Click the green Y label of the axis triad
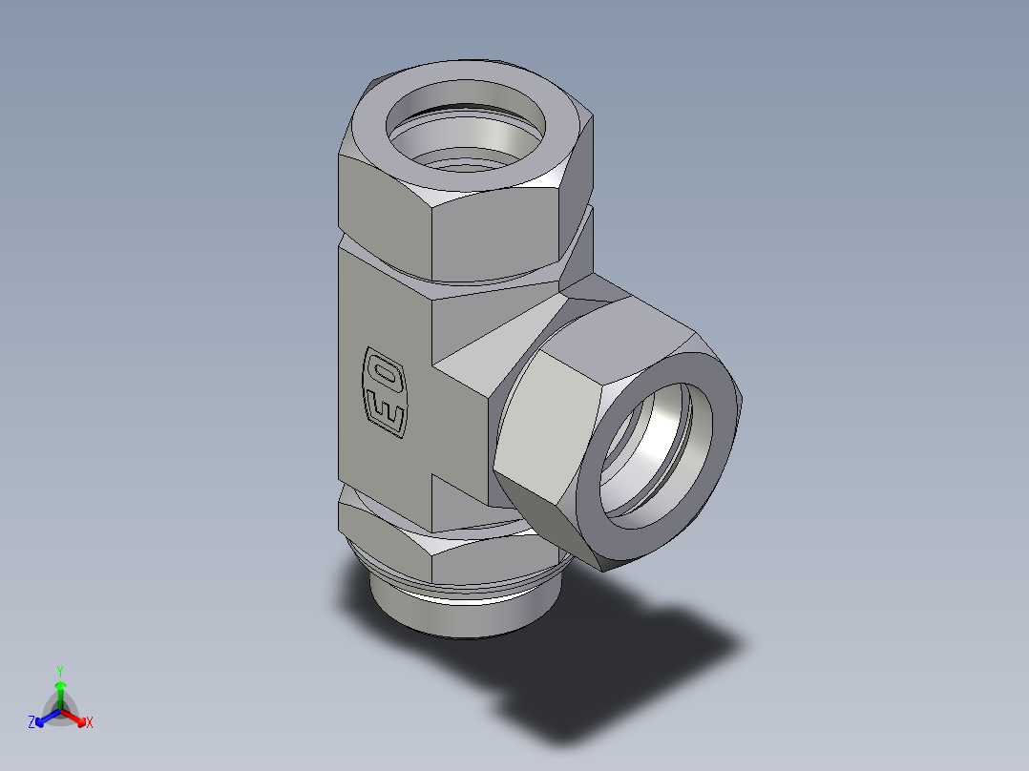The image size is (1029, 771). [59, 671]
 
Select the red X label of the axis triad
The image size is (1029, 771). [90, 723]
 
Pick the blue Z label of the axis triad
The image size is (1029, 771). [31, 723]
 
